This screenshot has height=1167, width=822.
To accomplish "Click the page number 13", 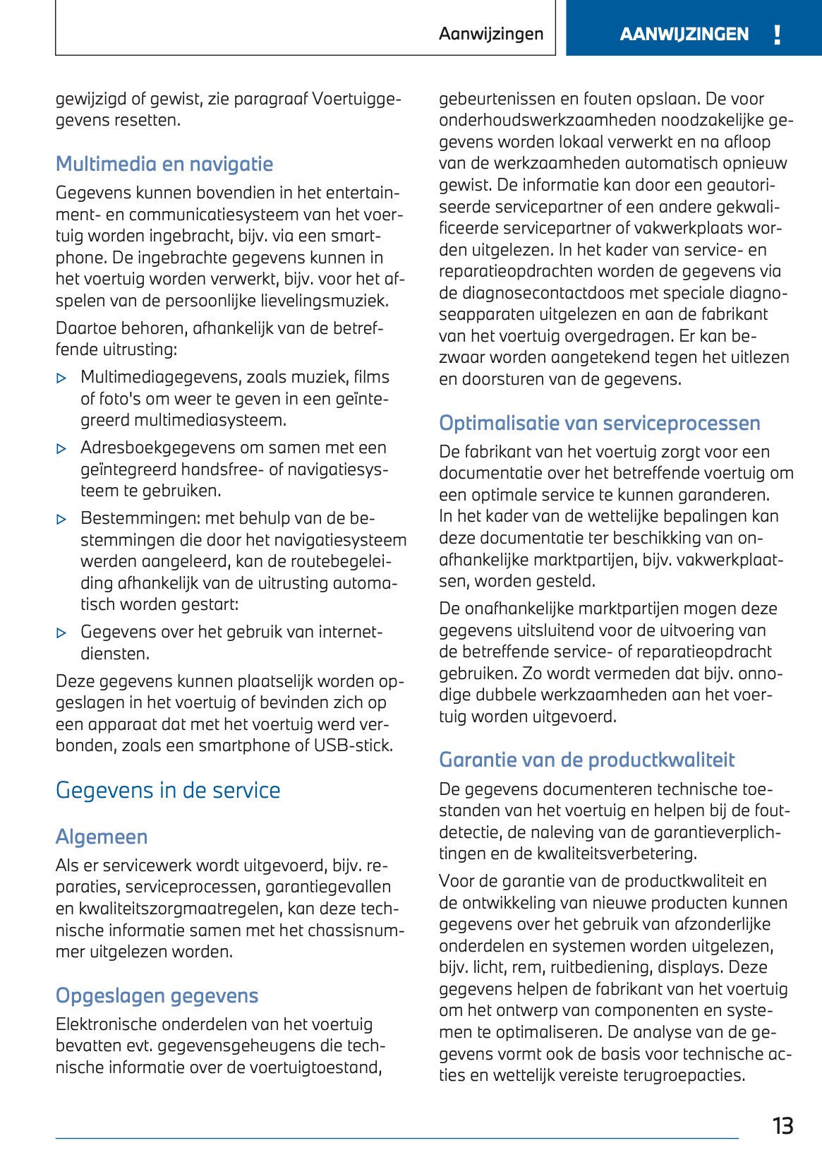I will click(x=782, y=1125).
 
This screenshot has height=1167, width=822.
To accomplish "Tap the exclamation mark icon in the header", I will click(x=777, y=35).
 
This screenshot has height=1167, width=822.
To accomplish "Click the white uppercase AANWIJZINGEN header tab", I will click(x=684, y=35).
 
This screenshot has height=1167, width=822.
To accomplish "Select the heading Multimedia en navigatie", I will click(x=164, y=164).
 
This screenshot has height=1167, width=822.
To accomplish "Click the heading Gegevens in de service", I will click(x=168, y=790).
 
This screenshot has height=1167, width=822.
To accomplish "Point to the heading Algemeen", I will click(x=102, y=837).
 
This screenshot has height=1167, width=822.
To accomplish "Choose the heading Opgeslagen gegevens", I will click(x=157, y=995).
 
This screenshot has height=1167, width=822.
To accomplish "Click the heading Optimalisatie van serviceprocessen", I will click(x=599, y=423).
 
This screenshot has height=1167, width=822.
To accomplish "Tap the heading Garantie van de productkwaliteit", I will click(x=586, y=760).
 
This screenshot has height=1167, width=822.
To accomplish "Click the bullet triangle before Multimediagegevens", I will click(x=62, y=378).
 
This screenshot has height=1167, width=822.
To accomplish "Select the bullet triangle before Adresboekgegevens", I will click(x=62, y=449).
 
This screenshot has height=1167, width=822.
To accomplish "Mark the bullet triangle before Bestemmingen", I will click(x=62, y=520).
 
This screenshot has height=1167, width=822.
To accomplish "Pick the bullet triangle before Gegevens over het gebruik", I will click(x=62, y=633).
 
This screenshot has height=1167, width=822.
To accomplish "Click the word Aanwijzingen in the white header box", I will click(x=491, y=34).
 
